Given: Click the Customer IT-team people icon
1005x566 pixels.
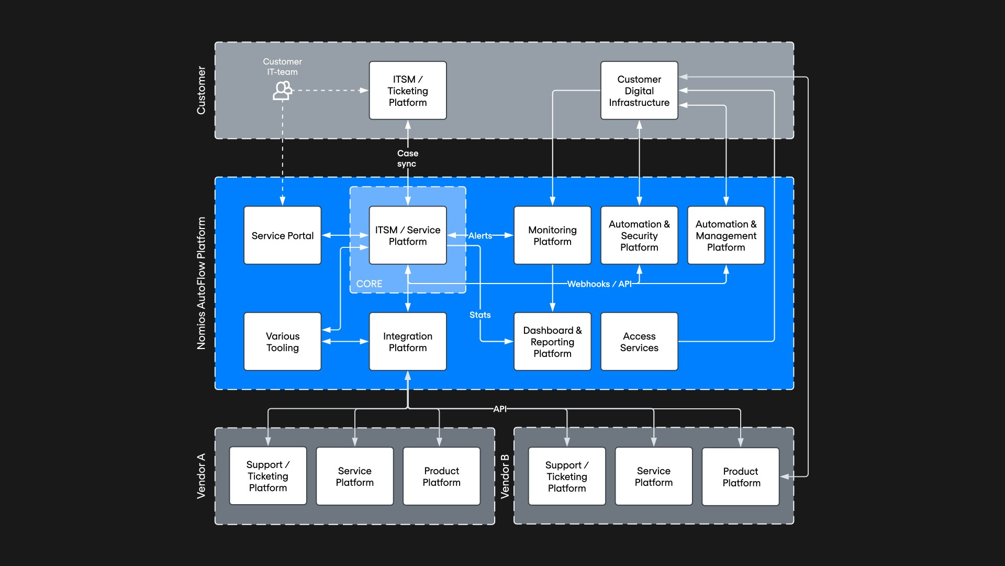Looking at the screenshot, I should (x=282, y=91).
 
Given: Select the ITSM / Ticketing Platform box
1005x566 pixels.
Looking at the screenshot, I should (x=408, y=91).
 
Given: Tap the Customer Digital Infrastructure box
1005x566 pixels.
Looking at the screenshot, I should (x=639, y=91).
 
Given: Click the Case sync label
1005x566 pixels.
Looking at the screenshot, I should (x=407, y=158).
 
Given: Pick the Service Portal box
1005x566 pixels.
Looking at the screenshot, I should (x=283, y=235).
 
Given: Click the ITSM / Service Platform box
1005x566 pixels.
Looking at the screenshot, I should (x=408, y=235).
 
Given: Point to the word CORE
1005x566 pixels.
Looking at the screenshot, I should (x=369, y=284).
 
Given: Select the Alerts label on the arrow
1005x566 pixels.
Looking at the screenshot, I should (x=480, y=236).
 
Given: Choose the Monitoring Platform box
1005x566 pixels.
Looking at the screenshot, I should (x=552, y=235).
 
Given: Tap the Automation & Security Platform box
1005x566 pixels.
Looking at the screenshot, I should (x=639, y=235).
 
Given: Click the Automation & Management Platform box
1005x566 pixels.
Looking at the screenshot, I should (x=726, y=235).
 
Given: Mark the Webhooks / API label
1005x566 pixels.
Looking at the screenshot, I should (x=599, y=284).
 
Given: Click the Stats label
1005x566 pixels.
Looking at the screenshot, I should (x=480, y=315).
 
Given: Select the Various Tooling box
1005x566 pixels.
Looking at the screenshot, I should (x=283, y=342).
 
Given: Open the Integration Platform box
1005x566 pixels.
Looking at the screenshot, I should (x=408, y=342).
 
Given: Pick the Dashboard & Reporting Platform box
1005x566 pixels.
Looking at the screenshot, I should (x=552, y=342).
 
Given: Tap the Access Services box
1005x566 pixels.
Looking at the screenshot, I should (x=639, y=342).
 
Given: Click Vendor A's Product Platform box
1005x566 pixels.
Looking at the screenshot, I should (x=442, y=476).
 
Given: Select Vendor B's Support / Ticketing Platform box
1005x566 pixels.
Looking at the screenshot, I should (x=567, y=476).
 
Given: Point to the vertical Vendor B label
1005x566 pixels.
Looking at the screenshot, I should (x=505, y=476).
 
